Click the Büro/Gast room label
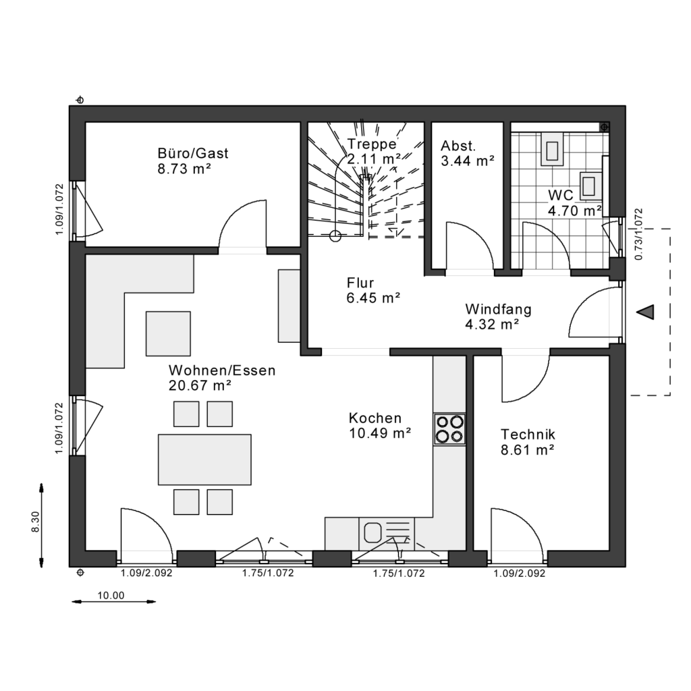(193, 153)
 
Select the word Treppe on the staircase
(372, 144)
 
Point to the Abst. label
(459, 146)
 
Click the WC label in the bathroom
(560, 195)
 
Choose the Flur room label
(360, 283)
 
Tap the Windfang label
(498, 310)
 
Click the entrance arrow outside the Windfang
(646, 312)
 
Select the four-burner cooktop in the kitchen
(449, 429)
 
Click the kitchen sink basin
(372, 532)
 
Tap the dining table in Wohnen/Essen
(204, 460)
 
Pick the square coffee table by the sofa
(169, 333)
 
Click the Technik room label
(528, 434)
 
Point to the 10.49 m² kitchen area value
(380, 433)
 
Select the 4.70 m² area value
(574, 211)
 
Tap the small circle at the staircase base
(335, 236)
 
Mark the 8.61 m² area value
(528, 449)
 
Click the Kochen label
(375, 418)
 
